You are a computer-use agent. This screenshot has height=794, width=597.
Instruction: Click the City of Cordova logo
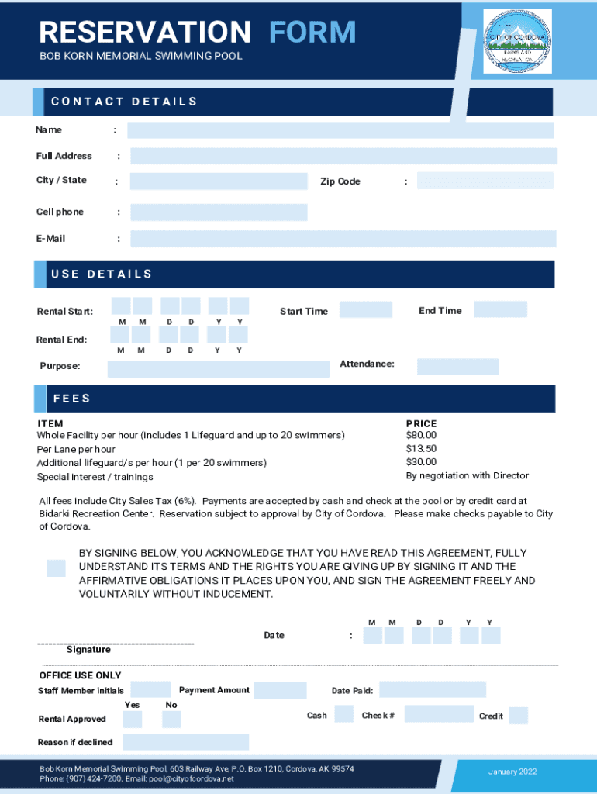517,42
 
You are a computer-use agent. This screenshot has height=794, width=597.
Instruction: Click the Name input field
340,130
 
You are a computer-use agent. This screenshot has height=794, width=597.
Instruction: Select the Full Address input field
343,156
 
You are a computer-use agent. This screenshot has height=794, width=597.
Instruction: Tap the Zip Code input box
485,181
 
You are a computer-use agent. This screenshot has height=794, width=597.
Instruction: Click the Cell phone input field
219,212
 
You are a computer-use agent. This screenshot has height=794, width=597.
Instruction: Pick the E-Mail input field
343,239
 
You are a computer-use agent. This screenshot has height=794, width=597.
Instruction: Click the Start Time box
366,310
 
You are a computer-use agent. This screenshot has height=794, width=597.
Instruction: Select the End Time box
500,309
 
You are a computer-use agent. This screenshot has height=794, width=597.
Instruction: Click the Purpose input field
218,369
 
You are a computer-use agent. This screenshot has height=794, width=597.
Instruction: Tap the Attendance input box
457,367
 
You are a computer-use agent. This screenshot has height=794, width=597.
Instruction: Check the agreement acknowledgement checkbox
56,568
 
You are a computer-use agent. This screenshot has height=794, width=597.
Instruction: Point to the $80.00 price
421,435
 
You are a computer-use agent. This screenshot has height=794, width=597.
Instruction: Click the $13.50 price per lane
421,449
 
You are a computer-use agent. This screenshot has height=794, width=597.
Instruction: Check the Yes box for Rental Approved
133,719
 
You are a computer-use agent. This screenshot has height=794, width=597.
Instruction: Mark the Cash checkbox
343,714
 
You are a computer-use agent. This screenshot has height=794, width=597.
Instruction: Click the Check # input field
438,714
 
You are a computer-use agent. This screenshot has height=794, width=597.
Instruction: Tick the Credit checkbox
518,716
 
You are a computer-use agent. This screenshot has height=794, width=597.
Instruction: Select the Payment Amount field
280,690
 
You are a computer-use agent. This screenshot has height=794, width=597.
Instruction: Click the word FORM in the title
312,33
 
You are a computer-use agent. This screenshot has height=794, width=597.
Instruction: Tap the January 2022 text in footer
512,772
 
